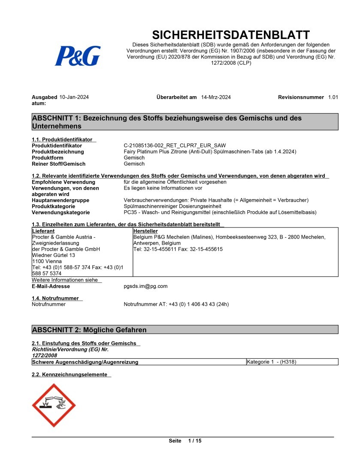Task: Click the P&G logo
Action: pyautogui.click(x=77, y=56)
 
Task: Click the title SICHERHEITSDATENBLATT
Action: pyautogui.click(x=231, y=35)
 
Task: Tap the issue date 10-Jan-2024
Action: pyautogui.click(x=74, y=97)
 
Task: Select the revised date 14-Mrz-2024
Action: pyautogui.click(x=216, y=97)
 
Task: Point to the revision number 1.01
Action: pyautogui.click(x=333, y=97)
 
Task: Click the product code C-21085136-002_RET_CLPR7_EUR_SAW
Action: pyautogui.click(x=175, y=146)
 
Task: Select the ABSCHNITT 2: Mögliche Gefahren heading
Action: pyautogui.click(x=89, y=330)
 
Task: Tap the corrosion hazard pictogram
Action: pyautogui.click(x=54, y=405)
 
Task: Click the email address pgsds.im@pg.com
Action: pyautogui.click(x=145, y=286)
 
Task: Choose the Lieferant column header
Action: pyautogui.click(x=43, y=231)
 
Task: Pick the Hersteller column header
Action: pyautogui.click(x=145, y=231)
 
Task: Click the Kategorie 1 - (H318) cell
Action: pyautogui.click(x=272, y=362)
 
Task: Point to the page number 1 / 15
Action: pyautogui.click(x=195, y=441)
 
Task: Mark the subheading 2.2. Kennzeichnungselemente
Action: pyautogui.click(x=70, y=375)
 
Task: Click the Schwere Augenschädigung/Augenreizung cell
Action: pyautogui.click(x=85, y=362)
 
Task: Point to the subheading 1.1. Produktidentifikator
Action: pyautogui.click(x=62, y=140)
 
